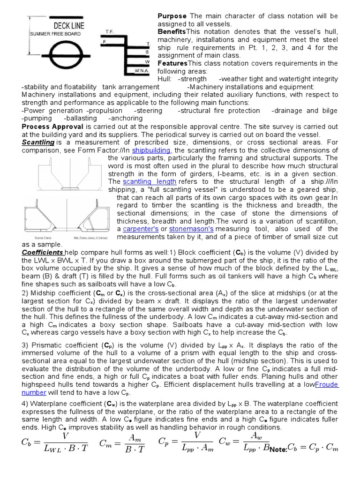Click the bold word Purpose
[172, 16]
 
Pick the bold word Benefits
[172, 31]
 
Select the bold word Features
[172, 63]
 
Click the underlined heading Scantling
[38, 142]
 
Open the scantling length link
[150, 181]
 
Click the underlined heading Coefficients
[43, 252]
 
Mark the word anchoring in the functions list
[125, 118]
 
